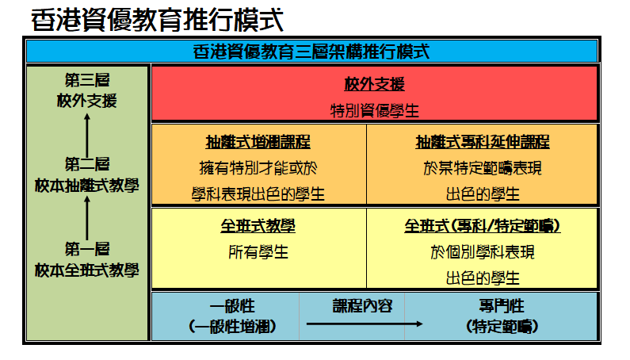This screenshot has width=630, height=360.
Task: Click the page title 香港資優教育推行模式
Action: click(157, 20)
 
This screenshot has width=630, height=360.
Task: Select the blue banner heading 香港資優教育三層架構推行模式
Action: click(311, 52)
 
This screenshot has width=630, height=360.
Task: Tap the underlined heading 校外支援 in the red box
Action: click(375, 84)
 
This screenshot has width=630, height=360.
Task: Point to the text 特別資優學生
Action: click(375, 110)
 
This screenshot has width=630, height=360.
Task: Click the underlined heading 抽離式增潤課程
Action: click(258, 142)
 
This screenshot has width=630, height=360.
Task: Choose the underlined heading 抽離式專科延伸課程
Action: click(483, 142)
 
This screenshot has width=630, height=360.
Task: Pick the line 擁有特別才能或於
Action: click(258, 168)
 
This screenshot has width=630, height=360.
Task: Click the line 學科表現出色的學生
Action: click(258, 194)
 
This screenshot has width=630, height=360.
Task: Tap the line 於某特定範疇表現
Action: click(483, 168)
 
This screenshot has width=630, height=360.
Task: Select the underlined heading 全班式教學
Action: click(258, 226)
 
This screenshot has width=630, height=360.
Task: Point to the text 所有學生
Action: click(258, 252)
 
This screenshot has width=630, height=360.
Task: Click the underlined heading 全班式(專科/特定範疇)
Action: click(482, 226)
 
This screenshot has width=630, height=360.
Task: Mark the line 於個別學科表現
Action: click(483, 252)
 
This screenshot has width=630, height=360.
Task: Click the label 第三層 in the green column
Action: click(87, 80)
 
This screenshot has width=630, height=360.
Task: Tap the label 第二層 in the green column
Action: click(87, 164)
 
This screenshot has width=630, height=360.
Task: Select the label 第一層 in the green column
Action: click(87, 249)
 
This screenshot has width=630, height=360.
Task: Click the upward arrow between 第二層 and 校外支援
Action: click(87, 136)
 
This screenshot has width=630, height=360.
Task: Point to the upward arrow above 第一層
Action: click(87, 218)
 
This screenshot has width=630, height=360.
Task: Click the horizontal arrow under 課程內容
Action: click(365, 324)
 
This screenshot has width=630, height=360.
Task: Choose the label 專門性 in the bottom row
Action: click(502, 306)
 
